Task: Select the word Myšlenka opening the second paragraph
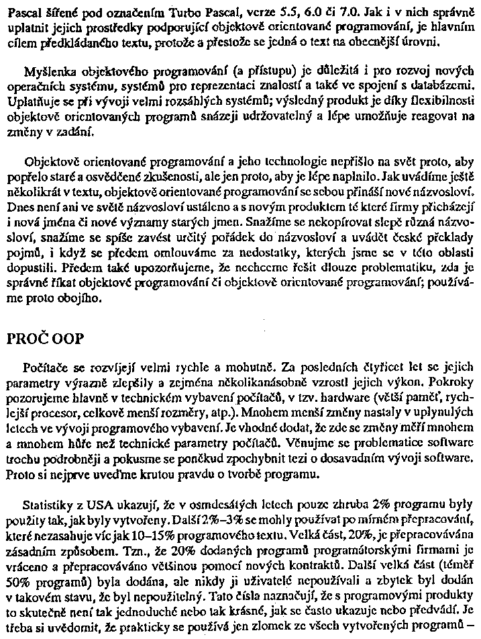tap(48, 72)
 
